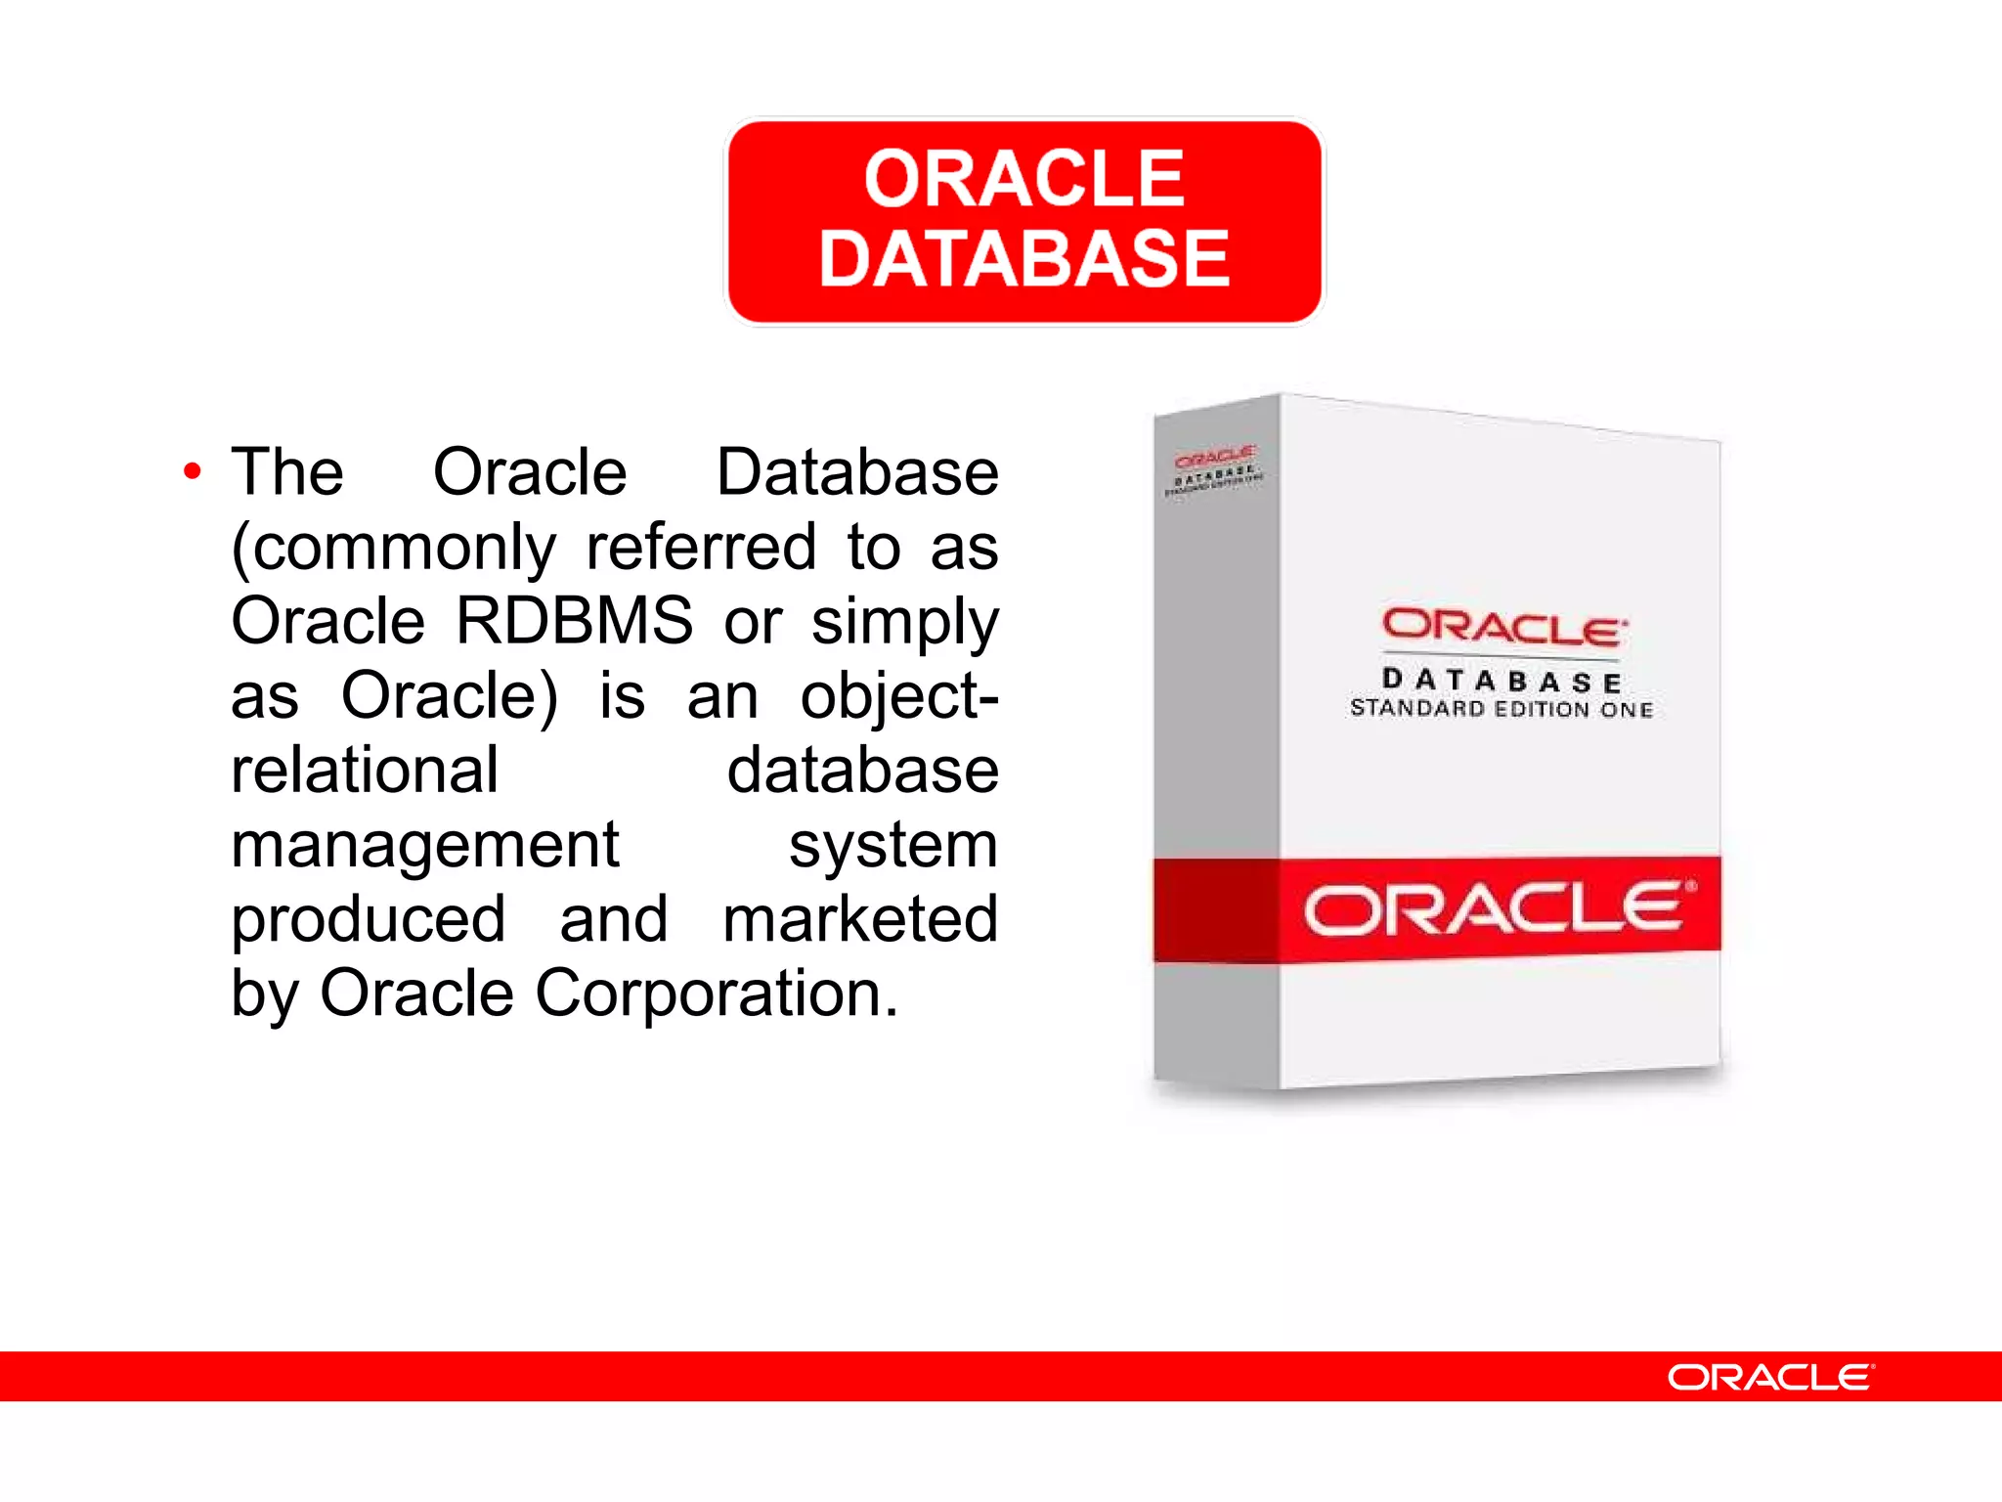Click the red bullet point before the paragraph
point(193,472)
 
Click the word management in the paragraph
point(425,845)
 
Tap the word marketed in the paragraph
point(860,919)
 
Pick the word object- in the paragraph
point(899,696)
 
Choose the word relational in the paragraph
point(365,770)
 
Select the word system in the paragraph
point(892,845)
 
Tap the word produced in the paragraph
point(369,919)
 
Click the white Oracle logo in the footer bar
point(1770,1377)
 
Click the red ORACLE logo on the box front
point(1503,628)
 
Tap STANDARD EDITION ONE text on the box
point(1501,708)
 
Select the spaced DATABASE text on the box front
point(1502,680)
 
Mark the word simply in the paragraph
point(904,622)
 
